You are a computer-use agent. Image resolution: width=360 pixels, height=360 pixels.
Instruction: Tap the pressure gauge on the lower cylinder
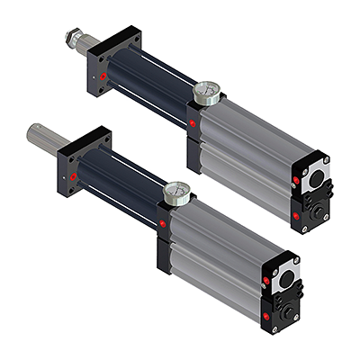tap(176, 191)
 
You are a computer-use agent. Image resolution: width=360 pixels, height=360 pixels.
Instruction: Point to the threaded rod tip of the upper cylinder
tap(71, 39)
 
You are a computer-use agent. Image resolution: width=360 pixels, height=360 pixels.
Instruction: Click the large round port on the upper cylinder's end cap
tap(316, 178)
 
